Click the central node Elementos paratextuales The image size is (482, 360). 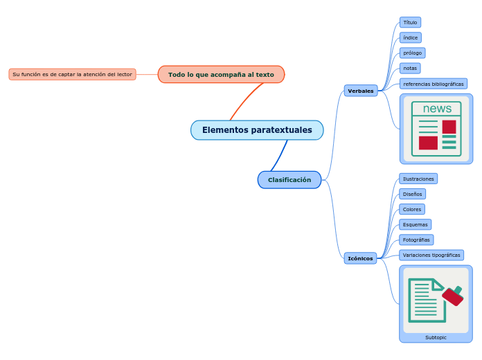pyautogui.click(x=257, y=130)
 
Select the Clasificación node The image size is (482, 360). pyautogui.click(x=289, y=180)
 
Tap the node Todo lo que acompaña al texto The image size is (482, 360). pyautogui.click(x=221, y=74)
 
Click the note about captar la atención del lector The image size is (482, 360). pyautogui.click(x=72, y=74)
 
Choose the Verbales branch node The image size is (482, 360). pyautogui.click(x=360, y=91)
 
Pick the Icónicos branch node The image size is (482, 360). pyautogui.click(x=360, y=258)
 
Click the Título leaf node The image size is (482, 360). pyautogui.click(x=410, y=22)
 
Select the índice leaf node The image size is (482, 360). pyautogui.click(x=410, y=37)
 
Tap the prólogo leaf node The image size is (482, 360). pyautogui.click(x=412, y=53)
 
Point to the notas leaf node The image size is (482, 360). pyautogui.click(x=410, y=68)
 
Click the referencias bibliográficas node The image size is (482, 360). pyautogui.click(x=433, y=84)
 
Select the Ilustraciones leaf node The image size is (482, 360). pyautogui.click(x=418, y=179)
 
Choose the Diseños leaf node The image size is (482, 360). pyautogui.click(x=412, y=194)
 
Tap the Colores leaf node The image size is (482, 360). pyautogui.click(x=412, y=209)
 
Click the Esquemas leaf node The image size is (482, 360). pyautogui.click(x=415, y=224)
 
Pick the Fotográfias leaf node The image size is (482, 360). pyautogui.click(x=416, y=240)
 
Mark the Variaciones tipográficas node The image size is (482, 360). pyautogui.click(x=431, y=255)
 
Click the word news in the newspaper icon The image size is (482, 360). pyautogui.click(x=437, y=109)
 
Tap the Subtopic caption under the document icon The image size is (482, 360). pyautogui.click(x=436, y=337)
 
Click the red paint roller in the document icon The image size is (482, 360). pyautogui.click(x=453, y=296)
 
